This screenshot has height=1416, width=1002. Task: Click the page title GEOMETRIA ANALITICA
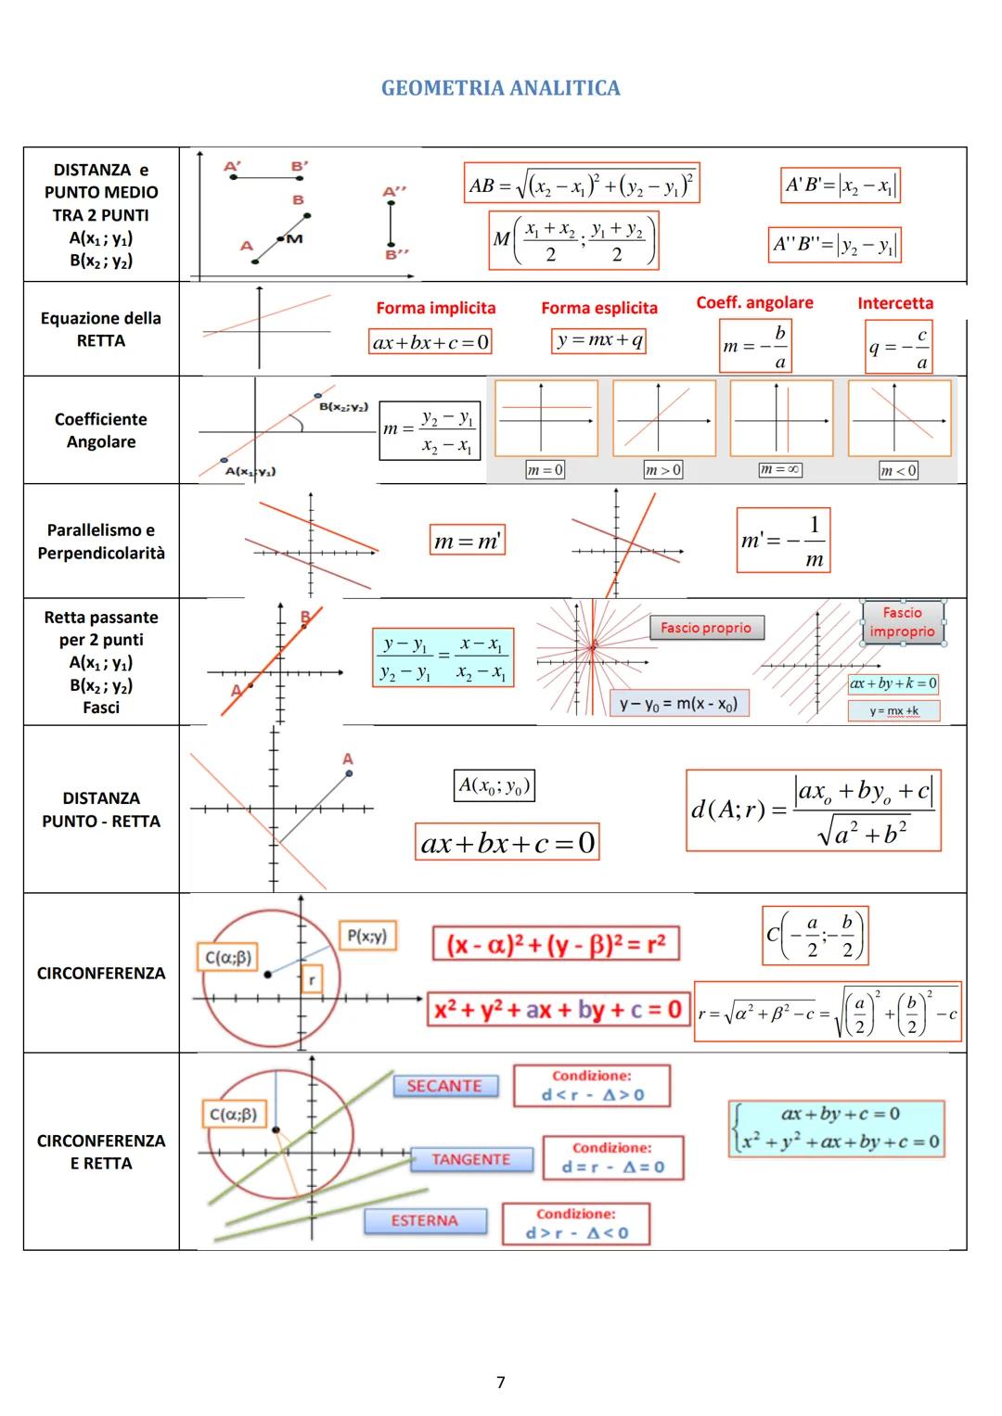point(500,88)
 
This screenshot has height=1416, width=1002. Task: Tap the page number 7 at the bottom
point(501,1382)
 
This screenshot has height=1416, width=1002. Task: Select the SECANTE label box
point(444,1086)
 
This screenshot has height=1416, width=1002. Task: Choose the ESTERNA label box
point(425,1220)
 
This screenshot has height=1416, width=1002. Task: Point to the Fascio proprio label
point(706,628)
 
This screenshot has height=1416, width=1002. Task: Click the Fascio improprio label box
point(902,622)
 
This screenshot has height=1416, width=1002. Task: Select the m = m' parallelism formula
point(468,541)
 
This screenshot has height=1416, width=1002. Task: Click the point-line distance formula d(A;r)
point(813,810)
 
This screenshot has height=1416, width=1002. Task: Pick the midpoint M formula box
point(574,240)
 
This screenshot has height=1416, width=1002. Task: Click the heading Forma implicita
point(435,308)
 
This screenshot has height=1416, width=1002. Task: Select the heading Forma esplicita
point(599,308)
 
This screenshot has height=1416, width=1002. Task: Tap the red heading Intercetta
point(895,303)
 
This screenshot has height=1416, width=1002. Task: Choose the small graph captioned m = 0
point(546,418)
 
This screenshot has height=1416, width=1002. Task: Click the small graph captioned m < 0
point(899,418)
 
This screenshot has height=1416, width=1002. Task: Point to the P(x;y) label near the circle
point(366,937)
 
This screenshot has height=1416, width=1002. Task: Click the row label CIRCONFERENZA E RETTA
point(101,1152)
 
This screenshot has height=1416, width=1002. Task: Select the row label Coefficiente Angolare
point(101,430)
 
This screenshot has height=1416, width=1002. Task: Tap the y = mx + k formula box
point(893,711)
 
